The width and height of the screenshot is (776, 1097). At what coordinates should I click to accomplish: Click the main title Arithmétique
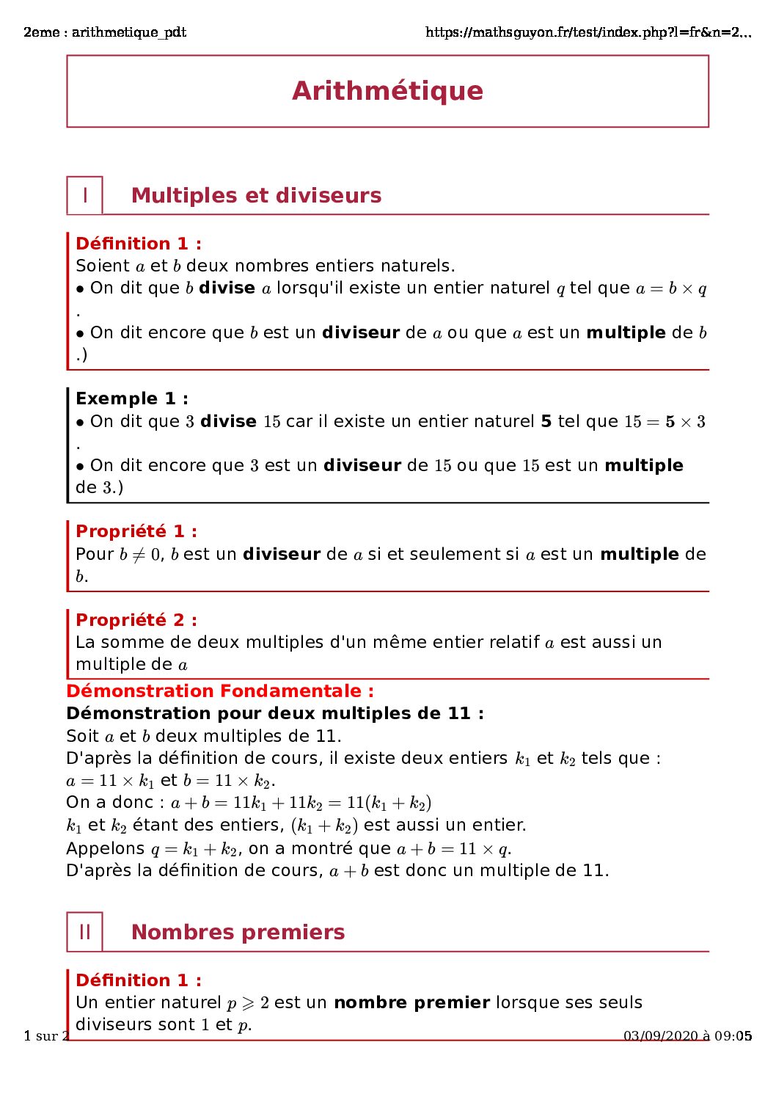387,91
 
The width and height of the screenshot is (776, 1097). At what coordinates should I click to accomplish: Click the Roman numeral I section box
85,195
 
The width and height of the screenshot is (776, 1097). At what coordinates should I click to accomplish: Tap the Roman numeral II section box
85,932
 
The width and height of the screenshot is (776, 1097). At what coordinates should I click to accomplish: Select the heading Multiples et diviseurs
256,195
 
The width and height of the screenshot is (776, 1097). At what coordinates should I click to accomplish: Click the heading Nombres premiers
238,932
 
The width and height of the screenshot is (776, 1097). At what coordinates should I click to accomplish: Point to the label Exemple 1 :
132,398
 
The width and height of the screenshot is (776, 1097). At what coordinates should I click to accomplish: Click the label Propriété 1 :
136,531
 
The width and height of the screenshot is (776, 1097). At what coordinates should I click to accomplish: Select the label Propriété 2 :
136,620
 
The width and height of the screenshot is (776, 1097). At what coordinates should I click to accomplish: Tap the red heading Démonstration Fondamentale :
220,691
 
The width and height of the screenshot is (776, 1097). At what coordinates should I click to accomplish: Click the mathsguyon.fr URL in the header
588,32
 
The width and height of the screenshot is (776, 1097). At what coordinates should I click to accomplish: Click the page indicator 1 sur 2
46,1036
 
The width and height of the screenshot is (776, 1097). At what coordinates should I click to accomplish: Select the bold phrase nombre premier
411,1002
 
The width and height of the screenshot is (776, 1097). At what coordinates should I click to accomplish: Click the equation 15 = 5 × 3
665,422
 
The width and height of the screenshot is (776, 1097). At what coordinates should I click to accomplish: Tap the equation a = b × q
671,288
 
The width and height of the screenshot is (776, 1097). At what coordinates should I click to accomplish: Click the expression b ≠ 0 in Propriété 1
140,555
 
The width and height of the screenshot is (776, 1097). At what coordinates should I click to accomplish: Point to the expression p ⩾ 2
248,1003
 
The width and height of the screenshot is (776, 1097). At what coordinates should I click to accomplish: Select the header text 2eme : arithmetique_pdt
105,32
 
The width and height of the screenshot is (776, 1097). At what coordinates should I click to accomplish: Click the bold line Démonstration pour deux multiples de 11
275,713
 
